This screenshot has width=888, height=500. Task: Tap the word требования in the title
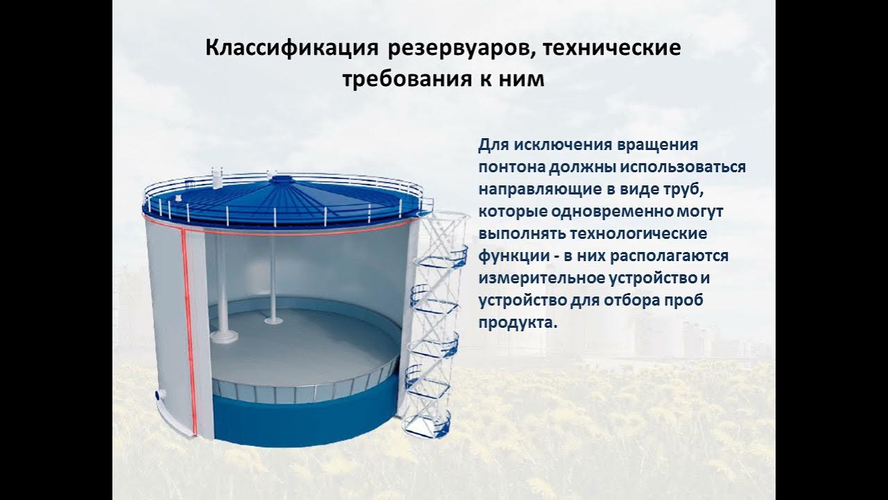point(398,79)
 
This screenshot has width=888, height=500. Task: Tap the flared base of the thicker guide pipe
point(224,337)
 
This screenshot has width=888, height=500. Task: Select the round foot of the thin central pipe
point(272,321)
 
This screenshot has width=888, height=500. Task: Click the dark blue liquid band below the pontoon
point(305,420)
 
